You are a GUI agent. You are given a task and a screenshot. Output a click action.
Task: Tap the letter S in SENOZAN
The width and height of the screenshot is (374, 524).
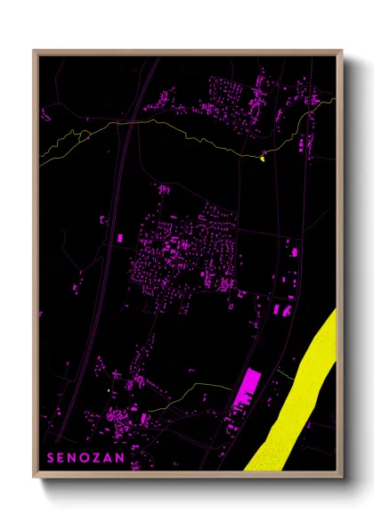pos(50,457)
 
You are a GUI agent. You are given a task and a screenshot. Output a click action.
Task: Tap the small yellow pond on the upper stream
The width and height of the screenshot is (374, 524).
pos(263,159)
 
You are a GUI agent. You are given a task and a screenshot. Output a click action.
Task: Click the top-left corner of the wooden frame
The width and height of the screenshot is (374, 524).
pos(34,51)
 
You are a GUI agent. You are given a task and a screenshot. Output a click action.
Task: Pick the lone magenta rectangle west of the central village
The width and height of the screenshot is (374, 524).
pos(121,238)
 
